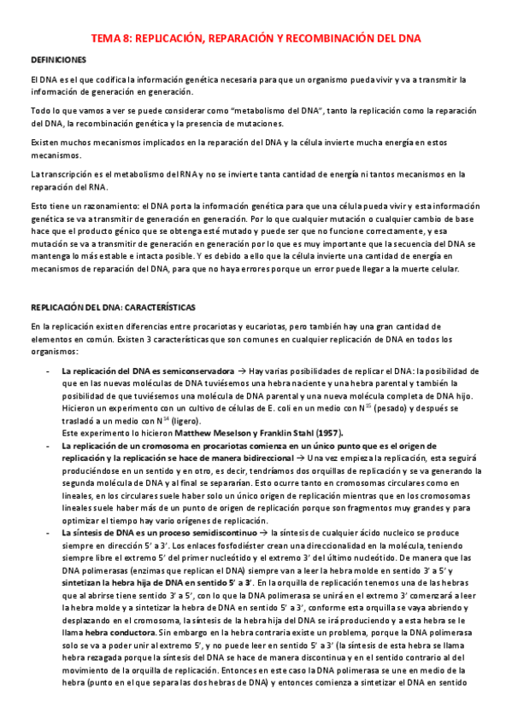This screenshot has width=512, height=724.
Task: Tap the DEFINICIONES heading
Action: click(x=58, y=60)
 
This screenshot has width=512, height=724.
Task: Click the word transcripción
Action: click(x=68, y=174)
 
